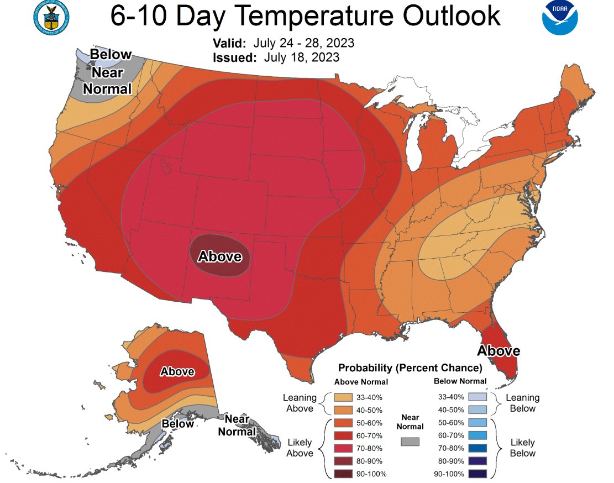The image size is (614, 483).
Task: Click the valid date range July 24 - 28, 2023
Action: tap(304, 43)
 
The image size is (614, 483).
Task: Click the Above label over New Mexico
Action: tap(220, 256)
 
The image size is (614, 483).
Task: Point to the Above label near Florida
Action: tap(498, 351)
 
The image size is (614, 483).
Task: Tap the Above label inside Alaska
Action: tap(177, 372)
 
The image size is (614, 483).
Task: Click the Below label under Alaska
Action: tap(178, 424)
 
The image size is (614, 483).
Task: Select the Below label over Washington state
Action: tap(111, 54)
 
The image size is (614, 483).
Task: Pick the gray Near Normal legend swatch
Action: tap(410, 441)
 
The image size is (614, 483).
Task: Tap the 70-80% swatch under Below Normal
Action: tap(477, 448)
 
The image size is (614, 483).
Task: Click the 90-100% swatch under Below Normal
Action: tap(477, 474)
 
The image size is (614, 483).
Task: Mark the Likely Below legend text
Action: tap(522, 448)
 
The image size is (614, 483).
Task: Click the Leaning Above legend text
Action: tap(299, 403)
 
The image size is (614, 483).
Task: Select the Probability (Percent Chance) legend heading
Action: tap(410, 368)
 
